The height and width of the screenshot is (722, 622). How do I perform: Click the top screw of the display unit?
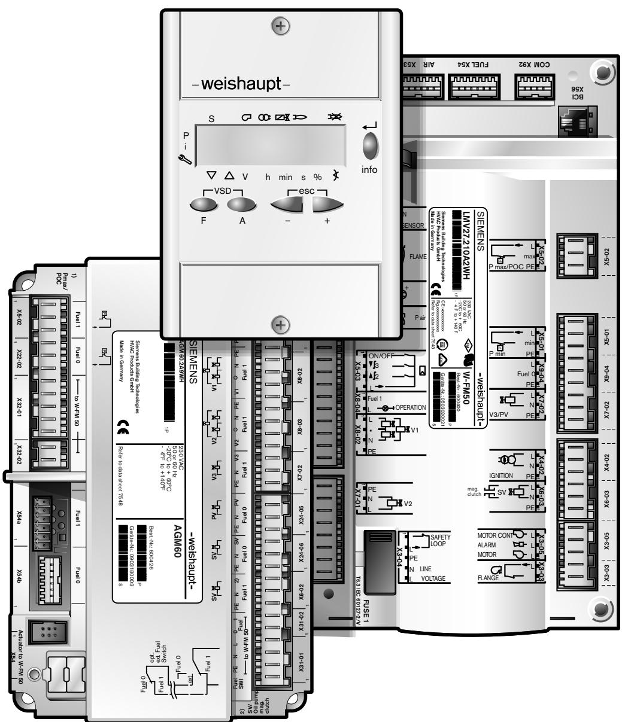pyautogui.click(x=280, y=26)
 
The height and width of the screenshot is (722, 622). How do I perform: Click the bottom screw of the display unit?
pyautogui.click(x=280, y=325)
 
